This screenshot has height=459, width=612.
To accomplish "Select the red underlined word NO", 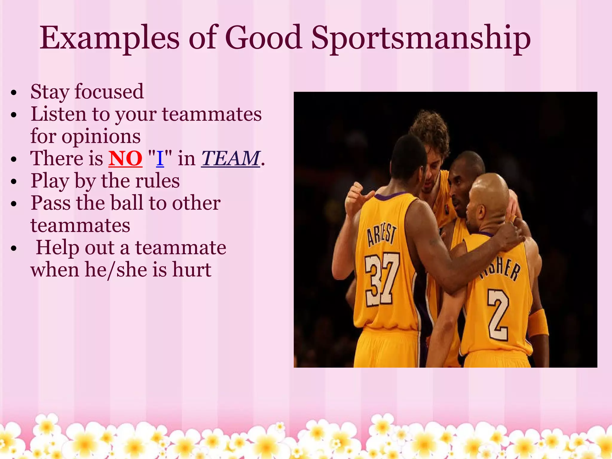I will coord(125,158).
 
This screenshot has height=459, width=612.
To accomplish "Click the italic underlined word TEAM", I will coord(230,158).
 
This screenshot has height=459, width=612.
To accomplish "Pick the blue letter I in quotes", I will coord(160,158).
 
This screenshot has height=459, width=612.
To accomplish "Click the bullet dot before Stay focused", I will coord(13,93).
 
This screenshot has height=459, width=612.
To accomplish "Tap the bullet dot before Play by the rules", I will coord(13,182).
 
